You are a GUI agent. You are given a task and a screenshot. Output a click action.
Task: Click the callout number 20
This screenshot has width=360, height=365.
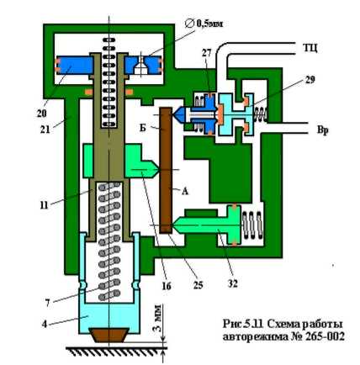tap(41, 113)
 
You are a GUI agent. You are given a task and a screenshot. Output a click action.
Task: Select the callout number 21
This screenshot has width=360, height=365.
tap(45, 129)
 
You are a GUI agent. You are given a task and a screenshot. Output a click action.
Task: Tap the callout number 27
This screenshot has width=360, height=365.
tap(206, 53)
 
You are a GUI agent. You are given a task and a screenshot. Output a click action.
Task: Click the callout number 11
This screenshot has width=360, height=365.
tap(44, 205)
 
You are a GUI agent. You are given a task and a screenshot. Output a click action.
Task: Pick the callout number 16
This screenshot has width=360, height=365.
tap(167, 286)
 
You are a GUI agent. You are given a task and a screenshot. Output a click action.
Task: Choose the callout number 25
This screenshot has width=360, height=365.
tap(198, 285)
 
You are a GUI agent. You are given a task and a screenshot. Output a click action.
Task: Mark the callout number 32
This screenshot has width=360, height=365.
tap(232, 283)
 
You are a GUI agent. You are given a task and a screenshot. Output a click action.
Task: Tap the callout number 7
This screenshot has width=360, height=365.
tap(48, 303)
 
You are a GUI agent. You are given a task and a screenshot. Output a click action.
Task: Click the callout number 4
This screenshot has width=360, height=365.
tap(45, 324)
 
